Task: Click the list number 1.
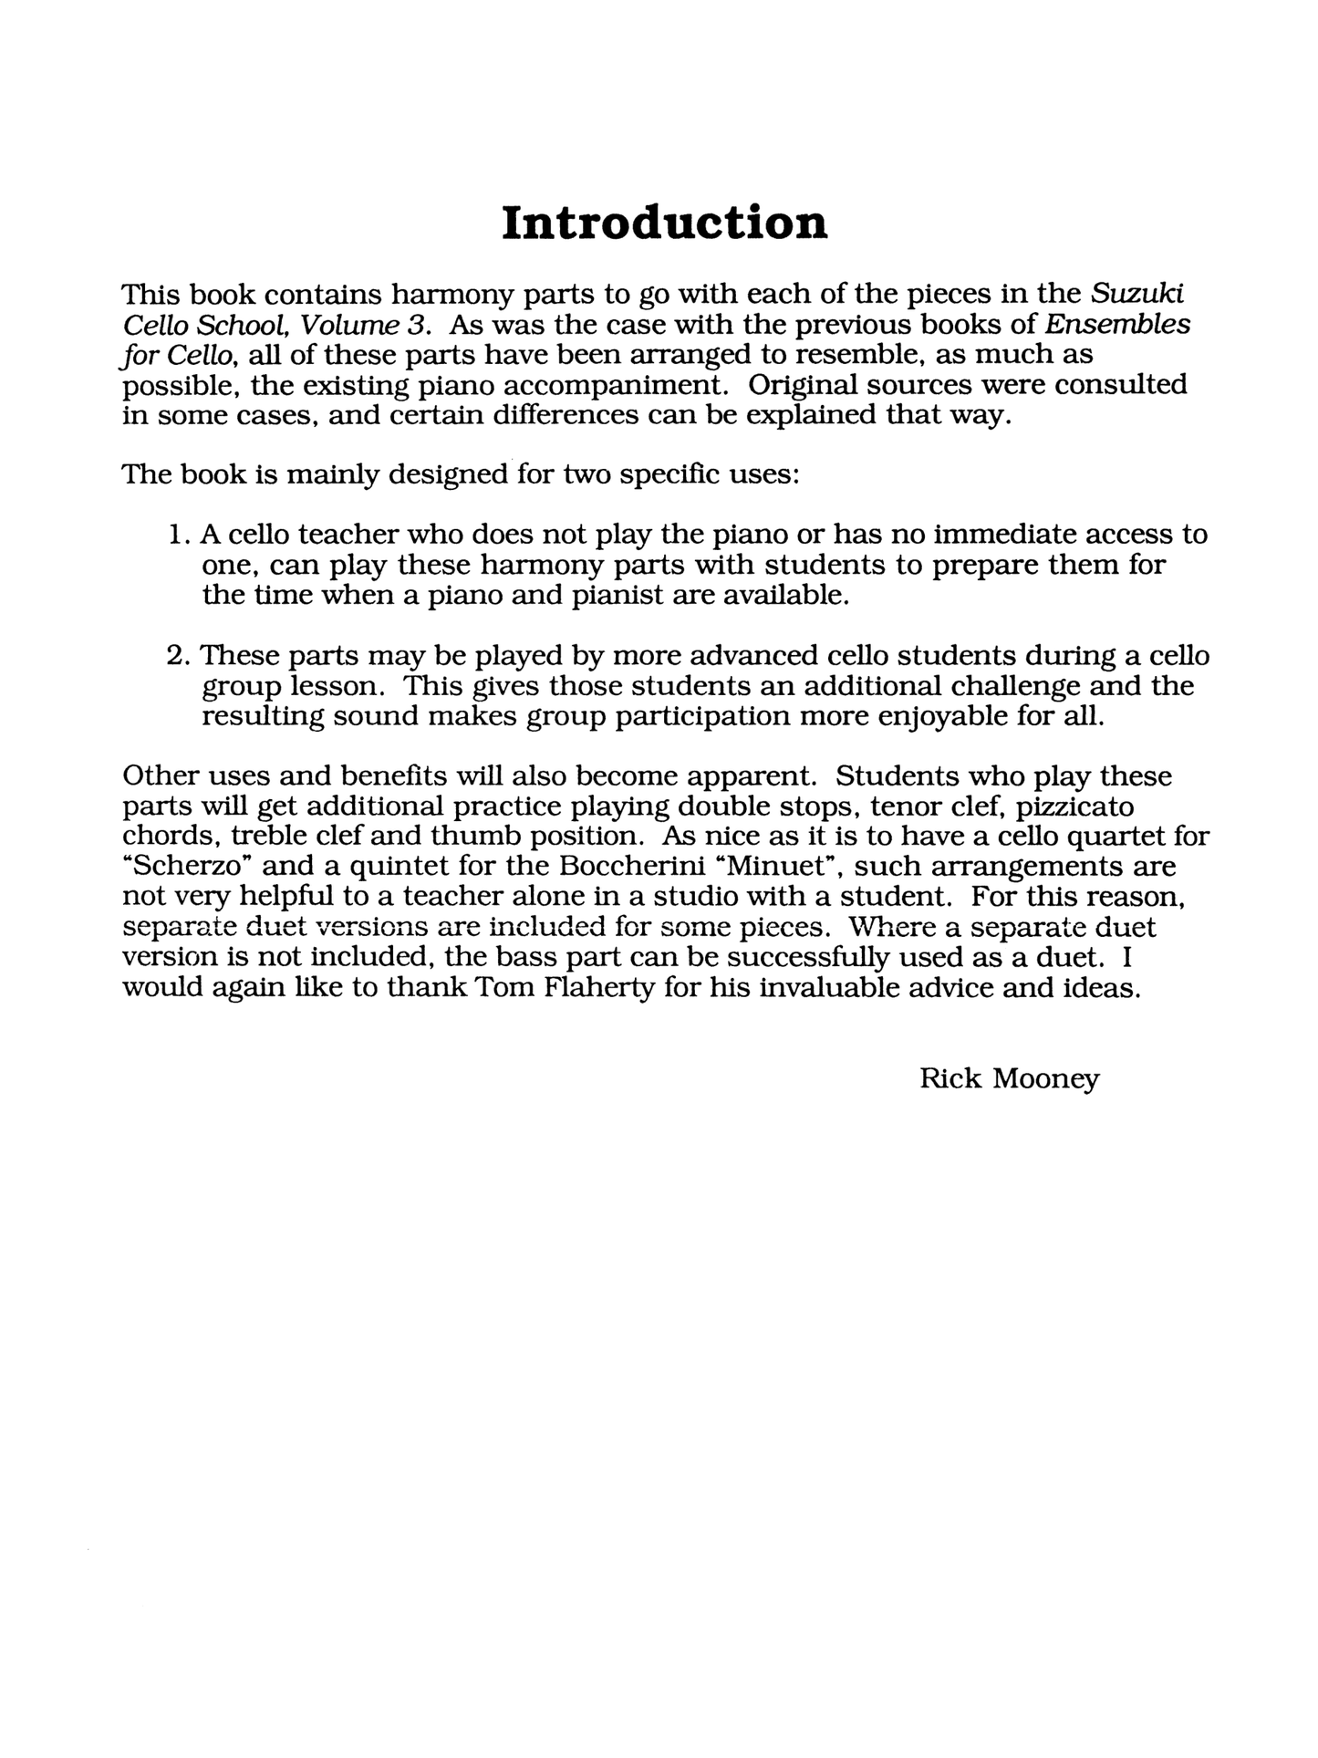[178, 534]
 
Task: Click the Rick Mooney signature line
[1009, 1078]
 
